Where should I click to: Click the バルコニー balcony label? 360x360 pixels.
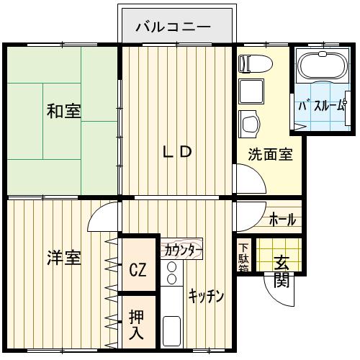coord(174,27)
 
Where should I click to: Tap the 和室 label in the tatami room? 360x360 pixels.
coord(63,111)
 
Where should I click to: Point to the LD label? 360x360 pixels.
coord(177,152)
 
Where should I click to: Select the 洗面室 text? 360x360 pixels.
coord(270,154)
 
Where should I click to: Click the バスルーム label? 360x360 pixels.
coord(322,106)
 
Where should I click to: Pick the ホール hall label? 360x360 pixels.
coord(282,220)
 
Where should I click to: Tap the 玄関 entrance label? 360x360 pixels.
coord(282,271)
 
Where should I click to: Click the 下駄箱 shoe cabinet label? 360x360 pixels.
coord(244,258)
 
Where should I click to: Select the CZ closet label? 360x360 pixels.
coord(138,269)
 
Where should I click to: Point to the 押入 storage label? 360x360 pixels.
coord(136,325)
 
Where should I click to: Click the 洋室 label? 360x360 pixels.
coord(64,258)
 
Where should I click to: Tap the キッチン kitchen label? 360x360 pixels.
coord(206,297)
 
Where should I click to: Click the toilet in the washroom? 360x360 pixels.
coord(256,64)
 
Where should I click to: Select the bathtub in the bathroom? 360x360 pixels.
coord(322,66)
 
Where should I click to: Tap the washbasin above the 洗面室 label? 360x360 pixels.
coord(250,124)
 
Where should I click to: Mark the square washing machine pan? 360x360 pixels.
coord(251,91)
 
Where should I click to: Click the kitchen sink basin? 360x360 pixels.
coord(171,330)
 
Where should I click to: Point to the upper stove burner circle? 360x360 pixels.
coord(171,266)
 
